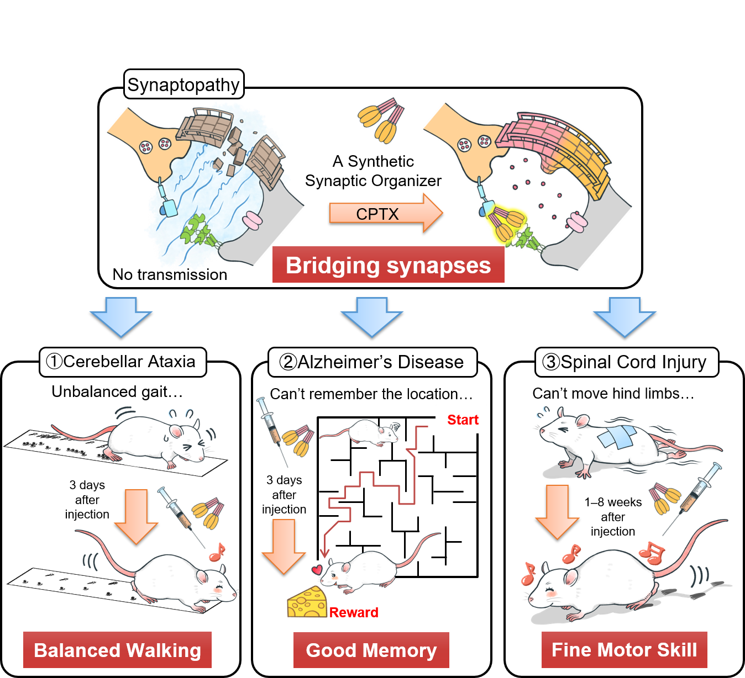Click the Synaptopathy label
tap(183, 84)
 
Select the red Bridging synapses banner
tap(388, 265)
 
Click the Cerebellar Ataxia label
tap(123, 362)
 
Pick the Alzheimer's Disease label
tap(372, 362)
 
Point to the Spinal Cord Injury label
tap(626, 362)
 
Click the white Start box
tap(461, 420)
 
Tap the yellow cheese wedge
tap(307, 603)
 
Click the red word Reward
tap(354, 612)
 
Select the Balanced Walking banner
tap(117, 650)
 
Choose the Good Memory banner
tap(371, 650)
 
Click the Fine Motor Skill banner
tap(625, 650)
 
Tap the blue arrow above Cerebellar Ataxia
tap(121, 316)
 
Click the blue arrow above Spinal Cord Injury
tap(625, 316)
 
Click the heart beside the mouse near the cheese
tap(317, 569)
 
